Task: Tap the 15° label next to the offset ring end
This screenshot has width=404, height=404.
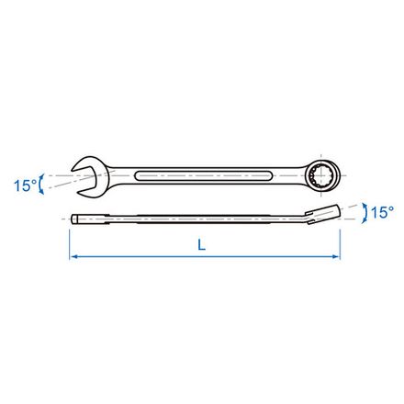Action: pos(380,213)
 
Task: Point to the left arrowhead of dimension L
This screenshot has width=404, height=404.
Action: pos(73,260)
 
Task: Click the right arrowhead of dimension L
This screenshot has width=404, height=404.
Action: pos(337,260)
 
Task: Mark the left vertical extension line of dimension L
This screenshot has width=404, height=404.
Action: pos(69,243)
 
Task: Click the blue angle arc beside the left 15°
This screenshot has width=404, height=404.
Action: pos(41,183)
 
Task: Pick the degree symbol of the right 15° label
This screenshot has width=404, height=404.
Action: pos(391,208)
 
